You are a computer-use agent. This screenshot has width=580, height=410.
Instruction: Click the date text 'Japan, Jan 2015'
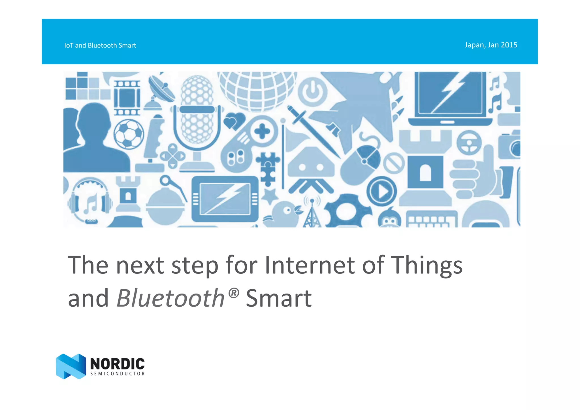coord(491,45)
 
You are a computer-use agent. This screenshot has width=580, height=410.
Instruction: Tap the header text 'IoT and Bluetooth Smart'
coord(100,45)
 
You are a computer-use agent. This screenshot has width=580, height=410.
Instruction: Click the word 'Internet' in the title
coord(310,265)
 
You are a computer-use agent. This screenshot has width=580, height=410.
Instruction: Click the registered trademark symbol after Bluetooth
coord(234,293)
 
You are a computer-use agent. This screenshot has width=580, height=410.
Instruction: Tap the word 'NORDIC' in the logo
coord(117,364)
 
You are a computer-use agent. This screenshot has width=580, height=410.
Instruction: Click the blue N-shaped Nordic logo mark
coord(71,366)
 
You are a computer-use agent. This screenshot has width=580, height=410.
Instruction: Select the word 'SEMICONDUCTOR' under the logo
coord(118,374)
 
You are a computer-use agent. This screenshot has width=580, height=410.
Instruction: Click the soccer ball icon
coord(129,134)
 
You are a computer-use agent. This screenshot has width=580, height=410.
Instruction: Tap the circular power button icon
coord(312,92)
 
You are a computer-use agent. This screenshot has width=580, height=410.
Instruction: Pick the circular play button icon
coord(381,191)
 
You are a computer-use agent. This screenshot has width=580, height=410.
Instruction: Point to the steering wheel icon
coord(469,143)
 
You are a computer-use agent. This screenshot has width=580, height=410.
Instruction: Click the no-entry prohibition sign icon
coord(394,163)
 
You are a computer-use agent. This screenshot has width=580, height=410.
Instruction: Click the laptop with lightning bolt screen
coord(450,98)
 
